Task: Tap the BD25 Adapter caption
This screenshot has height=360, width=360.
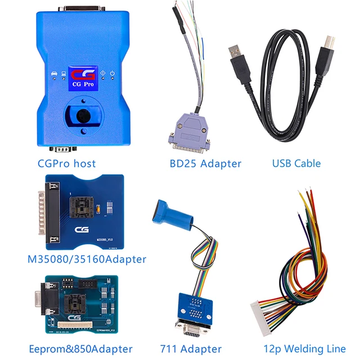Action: (205, 164)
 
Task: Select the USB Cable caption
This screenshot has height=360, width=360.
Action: (296, 164)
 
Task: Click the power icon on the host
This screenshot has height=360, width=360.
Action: (113, 73)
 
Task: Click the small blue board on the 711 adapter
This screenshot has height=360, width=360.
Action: (191, 303)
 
